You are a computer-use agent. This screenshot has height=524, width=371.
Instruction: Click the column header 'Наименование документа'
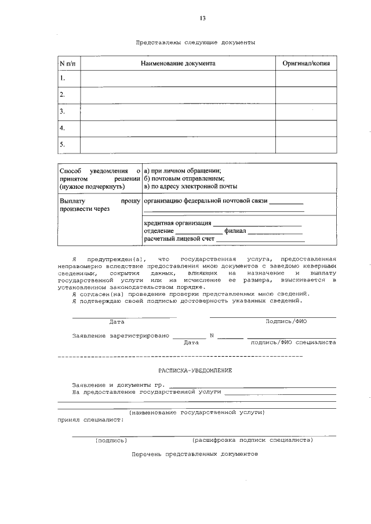[x=178, y=62]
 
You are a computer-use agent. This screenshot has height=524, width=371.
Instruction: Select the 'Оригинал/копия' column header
[x=305, y=62]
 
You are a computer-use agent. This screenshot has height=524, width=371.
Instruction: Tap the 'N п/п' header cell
[x=68, y=62]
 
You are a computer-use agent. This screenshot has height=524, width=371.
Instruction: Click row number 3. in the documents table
[x=63, y=111]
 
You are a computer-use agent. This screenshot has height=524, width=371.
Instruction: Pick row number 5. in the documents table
[x=63, y=144]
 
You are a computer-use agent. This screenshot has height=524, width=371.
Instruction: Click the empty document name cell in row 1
[x=177, y=78]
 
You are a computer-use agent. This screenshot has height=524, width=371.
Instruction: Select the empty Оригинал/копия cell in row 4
[x=305, y=128]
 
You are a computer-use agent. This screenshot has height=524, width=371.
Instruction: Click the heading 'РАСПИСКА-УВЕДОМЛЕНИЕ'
[x=195, y=370]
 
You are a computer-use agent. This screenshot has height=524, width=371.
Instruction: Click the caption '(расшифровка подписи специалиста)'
[x=252, y=440]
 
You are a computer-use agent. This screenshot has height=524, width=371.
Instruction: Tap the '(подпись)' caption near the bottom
[x=111, y=440]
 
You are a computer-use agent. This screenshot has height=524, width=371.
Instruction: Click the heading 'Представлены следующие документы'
[x=195, y=42]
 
